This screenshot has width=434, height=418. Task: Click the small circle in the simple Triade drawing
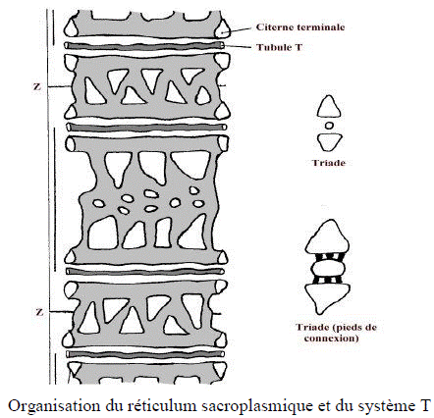click(x=328, y=127)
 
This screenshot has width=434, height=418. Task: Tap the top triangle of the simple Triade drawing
click(x=327, y=108)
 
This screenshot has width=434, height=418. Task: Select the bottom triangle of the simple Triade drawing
click(x=328, y=144)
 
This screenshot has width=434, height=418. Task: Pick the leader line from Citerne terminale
click(x=237, y=28)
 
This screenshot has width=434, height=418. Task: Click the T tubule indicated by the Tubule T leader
click(x=147, y=45)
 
